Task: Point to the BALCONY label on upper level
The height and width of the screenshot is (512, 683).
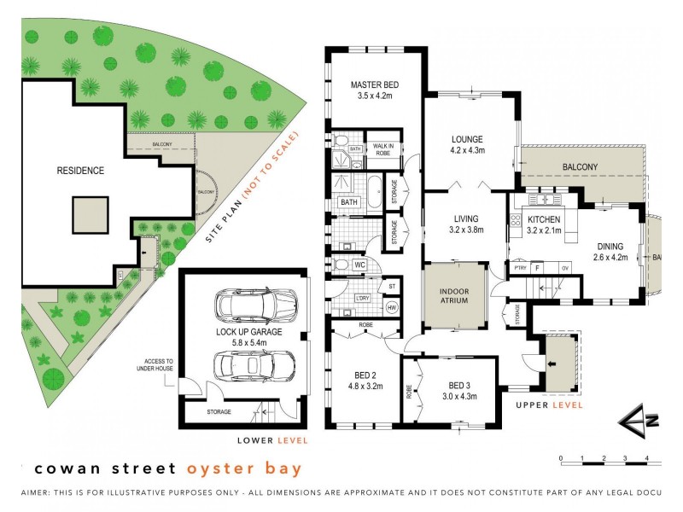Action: [580, 166]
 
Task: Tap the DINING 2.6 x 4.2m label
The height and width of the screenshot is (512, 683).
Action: [611, 247]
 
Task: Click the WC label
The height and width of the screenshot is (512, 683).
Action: [360, 265]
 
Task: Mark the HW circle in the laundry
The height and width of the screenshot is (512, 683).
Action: [392, 307]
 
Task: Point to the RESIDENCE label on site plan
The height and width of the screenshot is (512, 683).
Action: [80, 171]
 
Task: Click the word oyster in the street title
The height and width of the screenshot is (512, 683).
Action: [211, 468]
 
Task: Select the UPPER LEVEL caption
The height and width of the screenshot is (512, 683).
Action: [550, 405]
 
